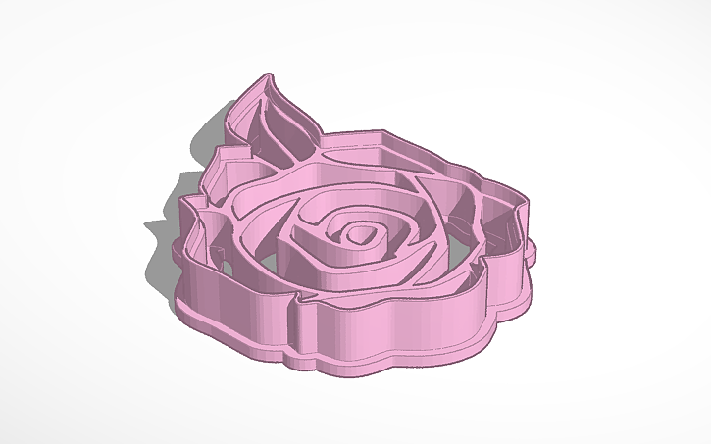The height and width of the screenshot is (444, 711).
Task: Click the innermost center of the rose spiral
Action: (364, 234)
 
